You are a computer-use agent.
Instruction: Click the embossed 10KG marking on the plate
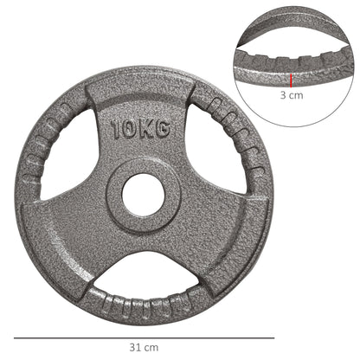pos(139,130)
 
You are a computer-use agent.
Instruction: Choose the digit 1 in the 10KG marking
pos(116,131)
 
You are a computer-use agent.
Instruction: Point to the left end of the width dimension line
pos(15,337)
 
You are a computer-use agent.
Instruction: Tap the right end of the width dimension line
pos(273,337)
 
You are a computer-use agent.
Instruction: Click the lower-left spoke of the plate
pos(82,234)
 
